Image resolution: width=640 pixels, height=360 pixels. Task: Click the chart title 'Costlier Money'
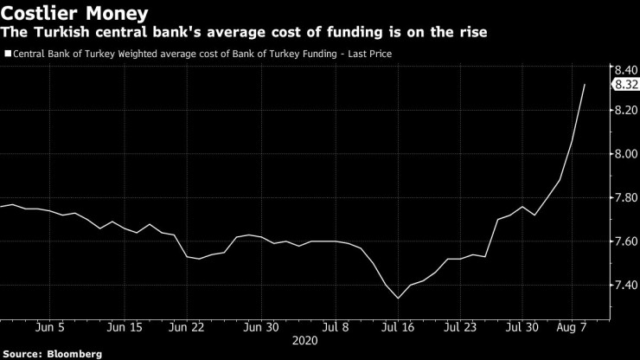pos(74,13)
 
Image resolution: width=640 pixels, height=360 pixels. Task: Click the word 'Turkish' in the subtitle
pos(61,33)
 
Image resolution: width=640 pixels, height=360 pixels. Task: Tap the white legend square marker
pos(8,54)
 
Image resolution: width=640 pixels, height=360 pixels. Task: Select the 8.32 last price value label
pos(625,85)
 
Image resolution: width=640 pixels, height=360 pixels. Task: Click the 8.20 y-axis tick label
pos(625,111)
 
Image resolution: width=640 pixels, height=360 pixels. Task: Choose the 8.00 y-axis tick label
pos(625,154)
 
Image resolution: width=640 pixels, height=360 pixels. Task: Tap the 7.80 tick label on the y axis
pos(625,198)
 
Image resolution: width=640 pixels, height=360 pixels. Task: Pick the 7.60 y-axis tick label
pos(625,241)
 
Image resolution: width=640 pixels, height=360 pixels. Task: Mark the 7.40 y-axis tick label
pos(625,285)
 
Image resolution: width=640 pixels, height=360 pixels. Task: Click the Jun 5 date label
pos(50,327)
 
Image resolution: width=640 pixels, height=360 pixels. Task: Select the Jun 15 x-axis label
pos(125,327)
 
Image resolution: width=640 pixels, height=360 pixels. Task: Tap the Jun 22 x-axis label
pos(186,327)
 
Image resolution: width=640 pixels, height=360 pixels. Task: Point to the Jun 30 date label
pos(261,327)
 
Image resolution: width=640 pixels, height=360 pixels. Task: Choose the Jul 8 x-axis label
pos(336,327)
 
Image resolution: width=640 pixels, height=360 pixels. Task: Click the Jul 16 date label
pos(398,327)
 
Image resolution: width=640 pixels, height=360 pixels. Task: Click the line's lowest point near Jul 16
pos(398,298)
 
